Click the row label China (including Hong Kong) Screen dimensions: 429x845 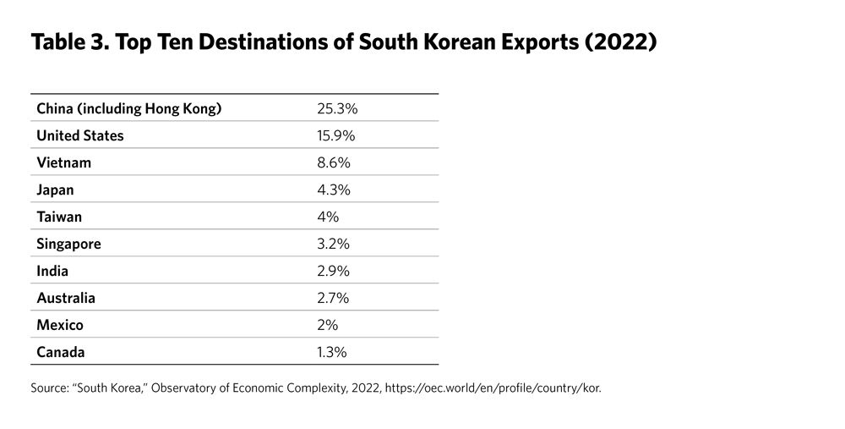tap(129, 108)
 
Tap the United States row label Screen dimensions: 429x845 tap(80, 135)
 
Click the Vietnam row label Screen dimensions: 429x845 tap(64, 162)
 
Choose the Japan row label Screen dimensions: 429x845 tap(56, 190)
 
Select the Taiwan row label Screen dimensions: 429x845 tap(60, 217)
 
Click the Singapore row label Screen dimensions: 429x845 tap(69, 244)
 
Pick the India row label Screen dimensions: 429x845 tap(53, 271)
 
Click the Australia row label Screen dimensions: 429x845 tap(66, 298)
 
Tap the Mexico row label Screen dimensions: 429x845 tap(60, 325)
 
